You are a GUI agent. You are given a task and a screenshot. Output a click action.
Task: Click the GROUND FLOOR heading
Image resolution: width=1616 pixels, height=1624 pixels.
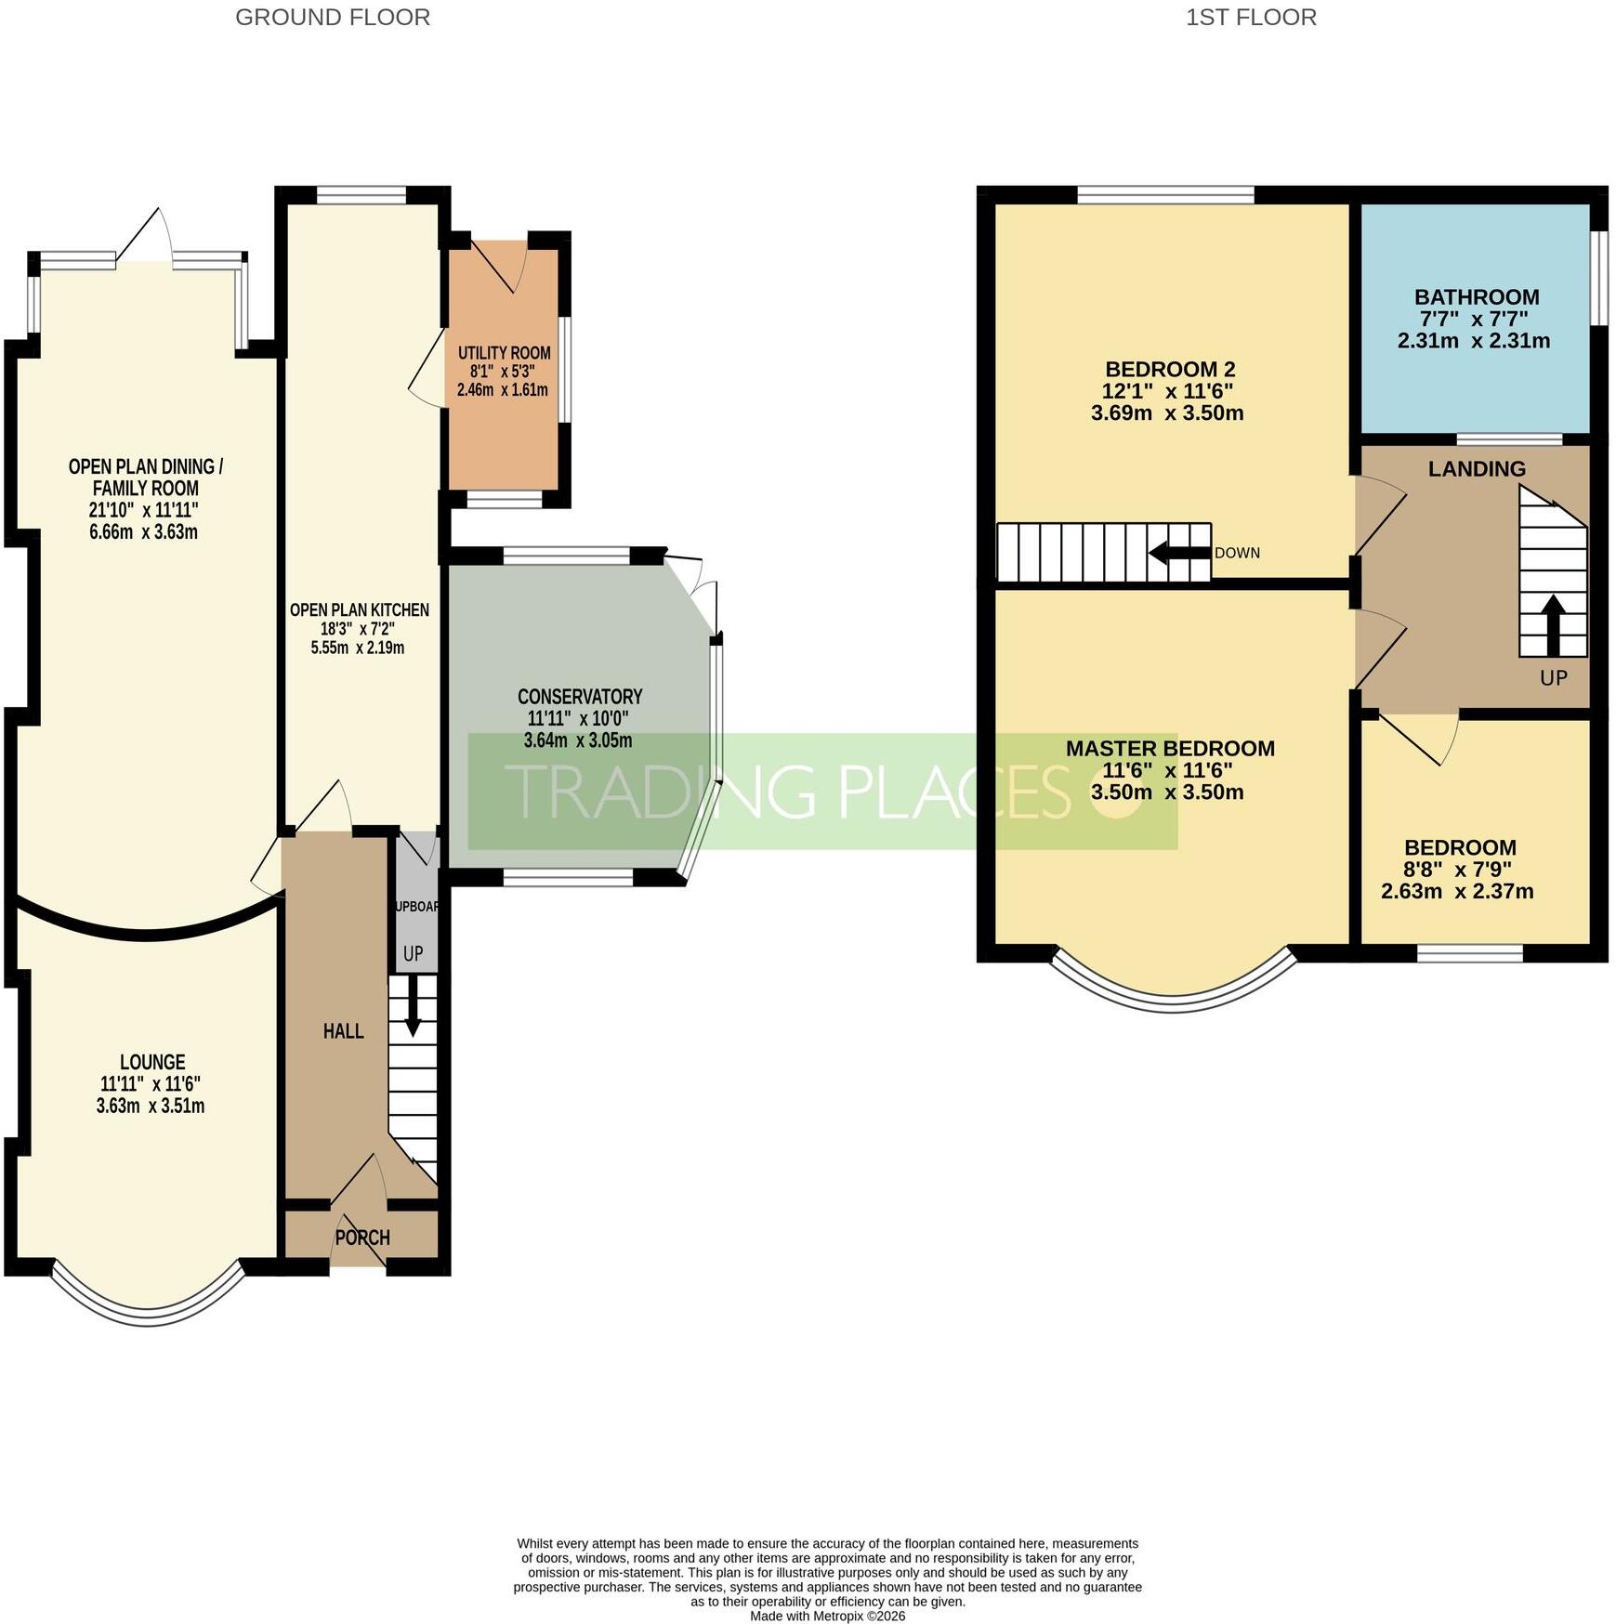pos(332,18)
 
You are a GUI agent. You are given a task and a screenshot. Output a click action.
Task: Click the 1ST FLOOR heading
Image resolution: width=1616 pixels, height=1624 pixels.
pos(1251,18)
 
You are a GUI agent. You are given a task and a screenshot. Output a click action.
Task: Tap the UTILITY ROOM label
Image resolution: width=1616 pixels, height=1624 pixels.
pos(504,353)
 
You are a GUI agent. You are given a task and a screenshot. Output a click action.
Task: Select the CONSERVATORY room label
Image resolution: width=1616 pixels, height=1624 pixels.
pos(580,697)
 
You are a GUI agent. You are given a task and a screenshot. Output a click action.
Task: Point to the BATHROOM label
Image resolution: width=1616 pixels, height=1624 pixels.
pos(1477,297)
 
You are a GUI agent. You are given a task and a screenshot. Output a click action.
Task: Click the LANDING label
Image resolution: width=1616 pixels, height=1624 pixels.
pos(1477,469)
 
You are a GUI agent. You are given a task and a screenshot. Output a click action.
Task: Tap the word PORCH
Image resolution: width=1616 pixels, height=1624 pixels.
pos(362,1238)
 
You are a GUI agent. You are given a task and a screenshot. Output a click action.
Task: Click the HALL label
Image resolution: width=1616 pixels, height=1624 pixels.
pos(343,1031)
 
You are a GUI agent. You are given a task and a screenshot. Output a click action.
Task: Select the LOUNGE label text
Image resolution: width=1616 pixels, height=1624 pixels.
pos(152,1062)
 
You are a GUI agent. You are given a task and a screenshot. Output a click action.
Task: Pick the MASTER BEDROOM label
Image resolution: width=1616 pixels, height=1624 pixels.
pos(1170,749)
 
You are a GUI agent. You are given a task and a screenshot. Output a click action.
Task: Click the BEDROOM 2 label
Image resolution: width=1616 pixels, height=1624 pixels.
pos(1170,370)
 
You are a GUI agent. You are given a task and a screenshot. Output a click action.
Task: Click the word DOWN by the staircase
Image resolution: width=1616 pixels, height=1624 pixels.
pos(1238,553)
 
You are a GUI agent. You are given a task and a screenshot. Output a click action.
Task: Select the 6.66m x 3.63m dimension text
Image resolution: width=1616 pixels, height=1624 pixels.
pos(147,532)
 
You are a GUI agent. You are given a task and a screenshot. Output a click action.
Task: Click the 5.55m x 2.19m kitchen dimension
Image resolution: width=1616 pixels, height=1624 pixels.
pos(358,648)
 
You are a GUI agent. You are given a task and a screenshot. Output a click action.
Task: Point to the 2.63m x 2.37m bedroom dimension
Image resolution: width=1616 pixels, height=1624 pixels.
pos(1457,892)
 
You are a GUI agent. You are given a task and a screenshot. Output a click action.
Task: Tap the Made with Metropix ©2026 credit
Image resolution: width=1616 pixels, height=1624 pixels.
pos(828,1616)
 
